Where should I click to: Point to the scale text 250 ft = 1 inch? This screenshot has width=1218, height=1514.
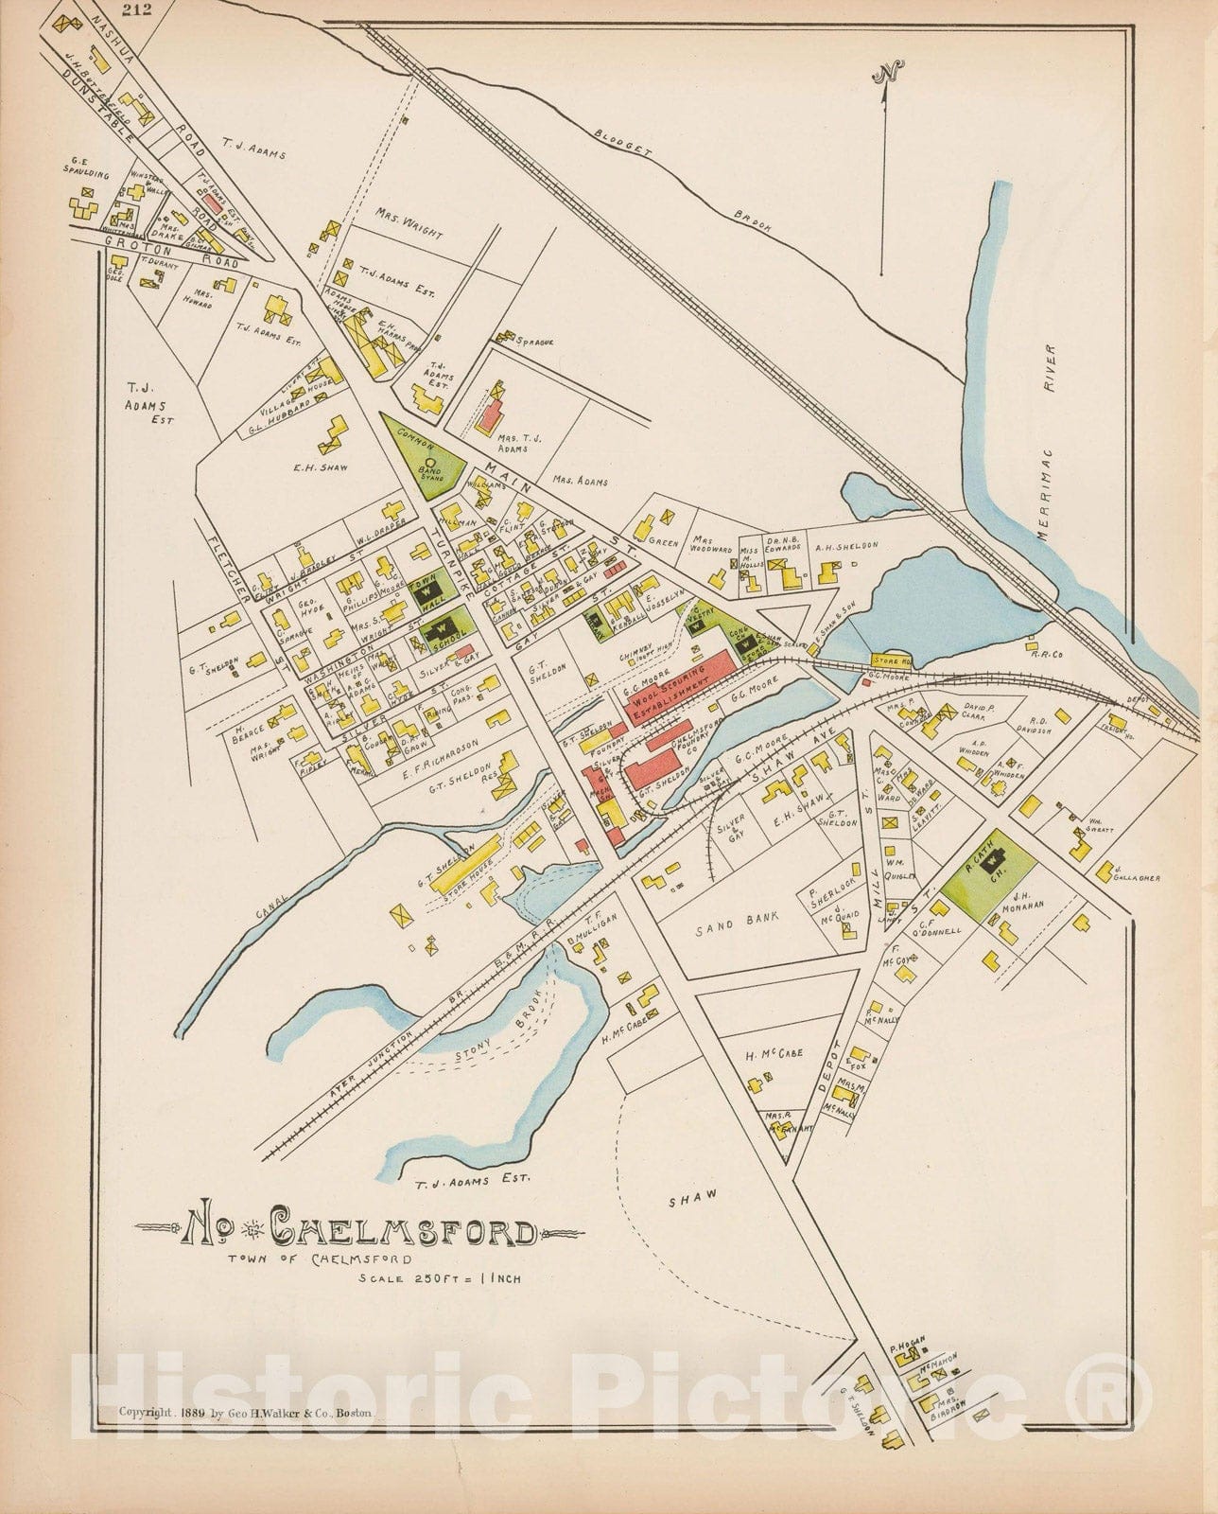click(440, 1278)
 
